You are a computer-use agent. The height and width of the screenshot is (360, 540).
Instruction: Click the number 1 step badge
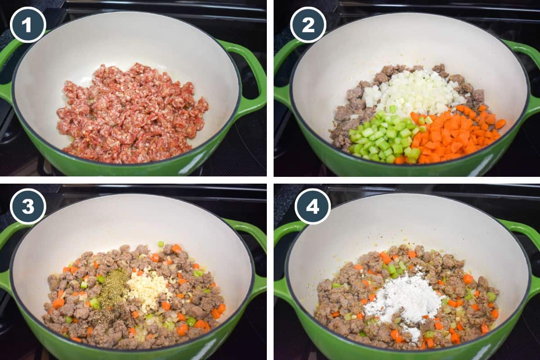tap(28, 25)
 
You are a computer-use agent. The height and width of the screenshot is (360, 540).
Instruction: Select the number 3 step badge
tap(28, 206)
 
